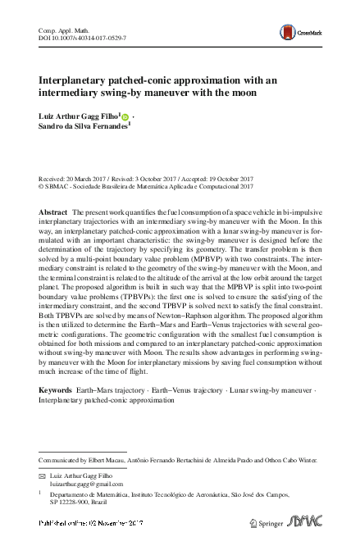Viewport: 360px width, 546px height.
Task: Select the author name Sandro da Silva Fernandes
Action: pos(88,128)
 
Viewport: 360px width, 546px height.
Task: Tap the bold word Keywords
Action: pos(56,391)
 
